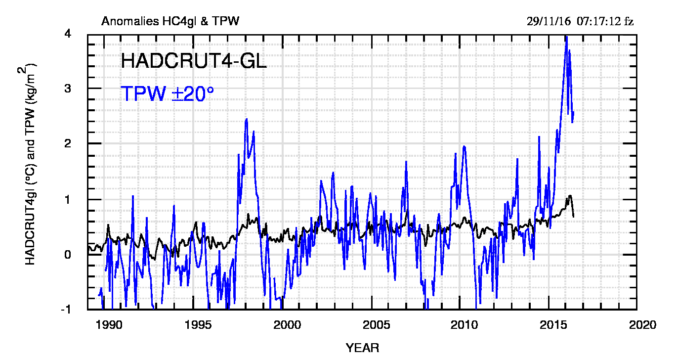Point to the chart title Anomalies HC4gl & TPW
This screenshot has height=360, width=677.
(170, 21)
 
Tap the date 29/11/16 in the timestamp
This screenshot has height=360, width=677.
(549, 21)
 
